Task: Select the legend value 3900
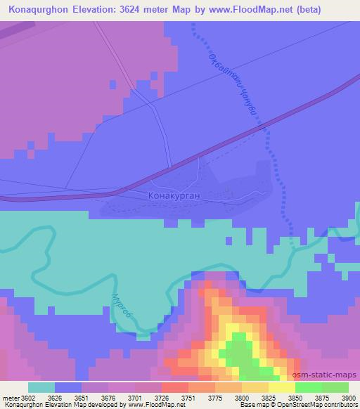pos(340,397)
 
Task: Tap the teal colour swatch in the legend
pos(41,387)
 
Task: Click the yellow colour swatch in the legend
pos(281,387)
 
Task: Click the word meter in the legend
pos(8,397)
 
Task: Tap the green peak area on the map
pos(243,351)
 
